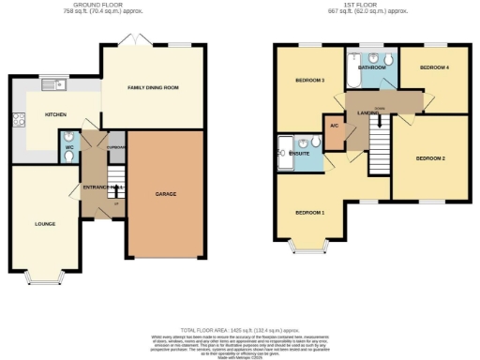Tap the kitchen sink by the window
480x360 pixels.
[x=52, y=84]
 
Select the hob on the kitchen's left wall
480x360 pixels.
[x=15, y=119]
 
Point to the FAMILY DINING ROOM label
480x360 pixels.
[x=152, y=87]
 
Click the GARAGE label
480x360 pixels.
[x=166, y=194]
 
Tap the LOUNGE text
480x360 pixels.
[x=44, y=224]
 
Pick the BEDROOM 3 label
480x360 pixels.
[x=308, y=81]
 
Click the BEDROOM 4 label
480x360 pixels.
[x=434, y=68]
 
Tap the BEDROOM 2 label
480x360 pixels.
[x=430, y=158]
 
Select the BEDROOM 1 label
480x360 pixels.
[x=310, y=213]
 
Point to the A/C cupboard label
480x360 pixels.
[x=333, y=125]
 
